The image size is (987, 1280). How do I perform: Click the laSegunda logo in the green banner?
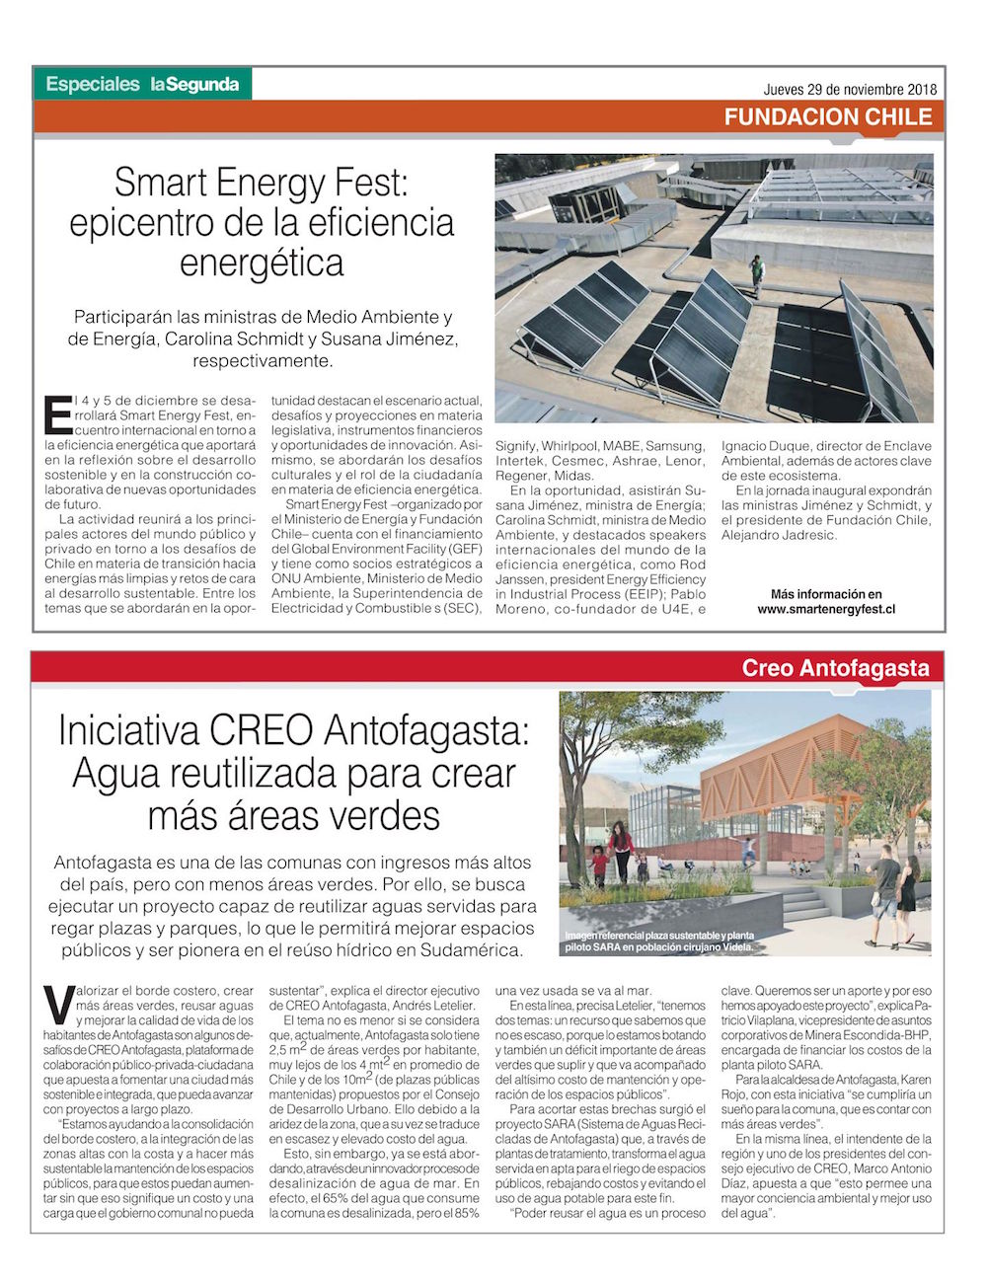click(x=194, y=85)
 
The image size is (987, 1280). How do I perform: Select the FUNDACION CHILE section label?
click(x=827, y=116)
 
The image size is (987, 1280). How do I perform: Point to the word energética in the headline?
click(x=262, y=263)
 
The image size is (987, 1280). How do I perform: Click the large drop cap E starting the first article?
click(x=58, y=415)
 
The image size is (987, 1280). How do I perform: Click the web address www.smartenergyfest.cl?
click(x=826, y=610)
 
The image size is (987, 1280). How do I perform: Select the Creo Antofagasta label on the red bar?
click(x=835, y=668)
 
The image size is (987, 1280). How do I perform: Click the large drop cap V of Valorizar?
click(x=58, y=1005)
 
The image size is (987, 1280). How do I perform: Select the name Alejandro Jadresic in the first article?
click(x=779, y=535)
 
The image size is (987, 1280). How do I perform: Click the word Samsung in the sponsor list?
click(x=674, y=445)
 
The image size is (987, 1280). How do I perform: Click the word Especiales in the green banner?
click(x=93, y=85)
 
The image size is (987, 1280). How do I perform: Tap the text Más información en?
click(x=826, y=594)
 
